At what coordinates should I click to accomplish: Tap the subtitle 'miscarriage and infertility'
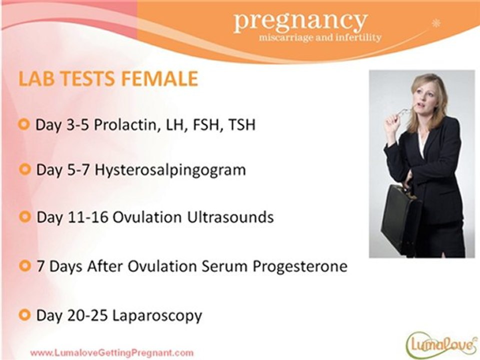(x=320, y=37)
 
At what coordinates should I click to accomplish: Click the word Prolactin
(x=126, y=125)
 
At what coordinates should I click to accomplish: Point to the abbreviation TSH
(x=242, y=124)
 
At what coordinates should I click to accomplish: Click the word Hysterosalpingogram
(x=170, y=170)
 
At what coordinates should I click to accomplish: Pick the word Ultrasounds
(x=230, y=217)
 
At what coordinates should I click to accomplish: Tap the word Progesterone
(x=299, y=266)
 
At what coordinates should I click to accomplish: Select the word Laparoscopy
(x=157, y=315)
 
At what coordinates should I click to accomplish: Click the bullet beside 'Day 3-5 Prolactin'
(x=24, y=124)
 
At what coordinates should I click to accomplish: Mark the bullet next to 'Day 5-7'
(x=24, y=169)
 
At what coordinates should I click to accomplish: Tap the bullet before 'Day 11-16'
(x=25, y=216)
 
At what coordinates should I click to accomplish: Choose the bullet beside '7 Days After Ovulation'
(x=25, y=265)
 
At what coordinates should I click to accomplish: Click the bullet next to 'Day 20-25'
(x=24, y=314)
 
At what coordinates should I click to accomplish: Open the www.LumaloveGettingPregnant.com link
(x=112, y=352)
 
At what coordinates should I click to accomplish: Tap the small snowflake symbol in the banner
(x=435, y=23)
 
